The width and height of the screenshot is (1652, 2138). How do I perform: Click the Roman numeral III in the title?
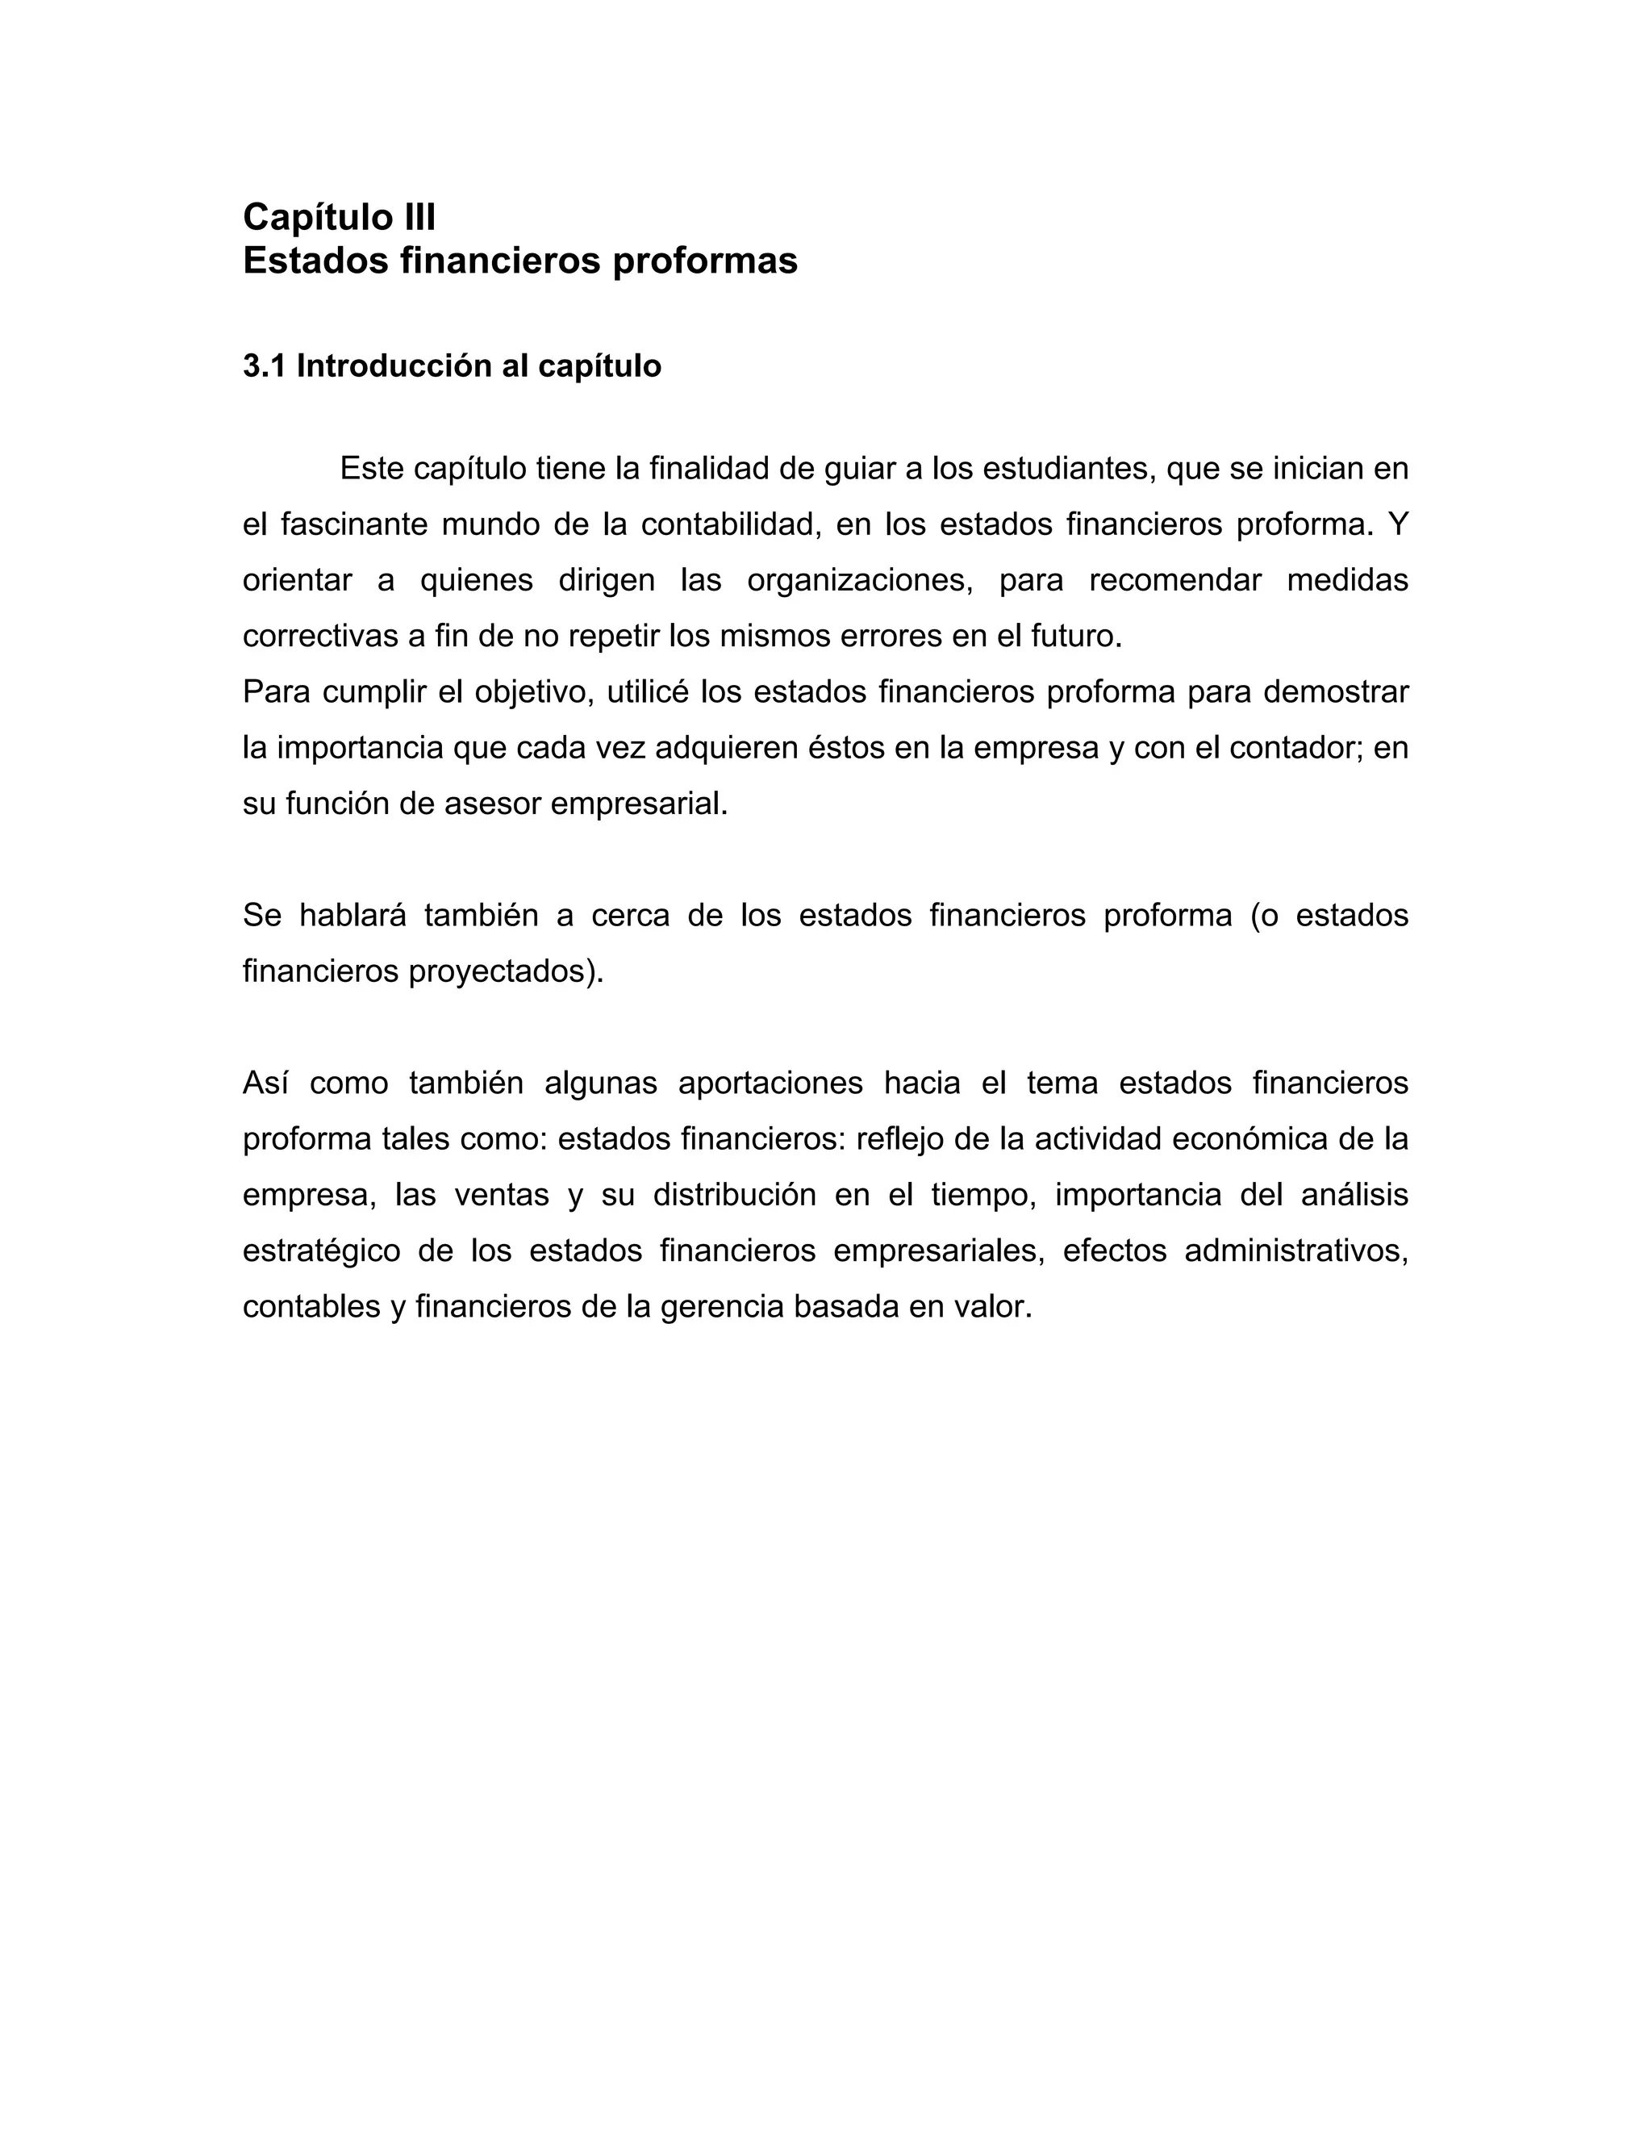pos(418,216)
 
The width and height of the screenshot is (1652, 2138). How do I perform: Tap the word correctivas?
pos(321,637)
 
